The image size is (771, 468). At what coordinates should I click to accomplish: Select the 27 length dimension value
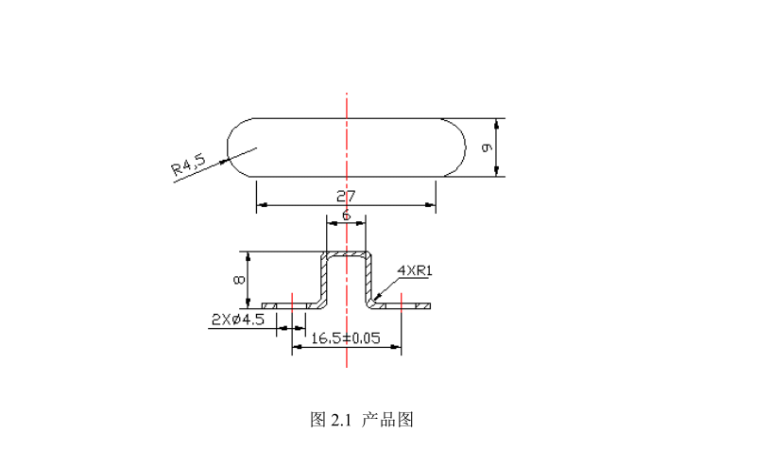click(x=346, y=197)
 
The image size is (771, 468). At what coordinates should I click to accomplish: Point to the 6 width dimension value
click(x=346, y=217)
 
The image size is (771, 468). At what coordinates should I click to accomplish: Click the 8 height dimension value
click(x=240, y=280)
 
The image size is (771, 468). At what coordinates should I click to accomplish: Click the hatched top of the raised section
click(x=347, y=253)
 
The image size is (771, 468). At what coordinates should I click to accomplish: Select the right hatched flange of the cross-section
click(x=404, y=305)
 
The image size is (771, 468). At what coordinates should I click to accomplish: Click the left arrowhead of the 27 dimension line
click(x=260, y=203)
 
